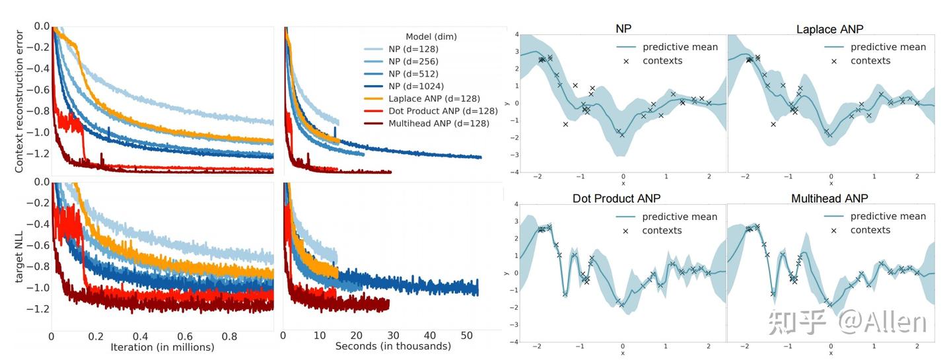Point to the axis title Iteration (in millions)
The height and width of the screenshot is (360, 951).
(x=162, y=347)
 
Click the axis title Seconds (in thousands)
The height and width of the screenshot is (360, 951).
(x=393, y=346)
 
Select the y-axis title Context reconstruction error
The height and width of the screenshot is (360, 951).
(x=19, y=100)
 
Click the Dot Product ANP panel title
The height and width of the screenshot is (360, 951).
(x=617, y=198)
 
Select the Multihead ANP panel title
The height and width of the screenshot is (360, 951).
(x=829, y=198)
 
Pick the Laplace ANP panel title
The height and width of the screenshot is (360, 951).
(x=829, y=30)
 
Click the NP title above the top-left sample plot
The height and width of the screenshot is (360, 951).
(x=623, y=30)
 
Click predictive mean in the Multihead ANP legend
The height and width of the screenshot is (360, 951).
(x=888, y=216)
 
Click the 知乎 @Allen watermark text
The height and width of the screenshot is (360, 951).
(x=847, y=322)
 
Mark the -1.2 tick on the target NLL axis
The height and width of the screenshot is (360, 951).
(x=37, y=308)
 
